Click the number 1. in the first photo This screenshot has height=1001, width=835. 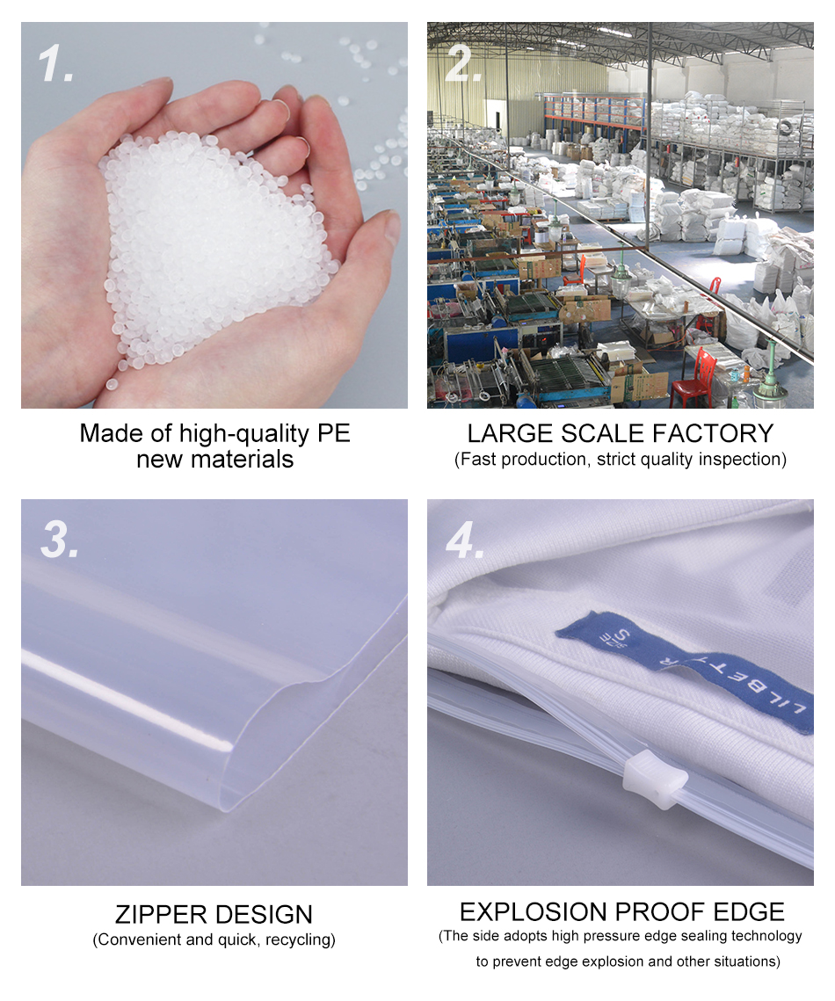click(57, 66)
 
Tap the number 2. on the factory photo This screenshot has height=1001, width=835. click(463, 66)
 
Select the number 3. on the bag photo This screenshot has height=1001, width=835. click(60, 541)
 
